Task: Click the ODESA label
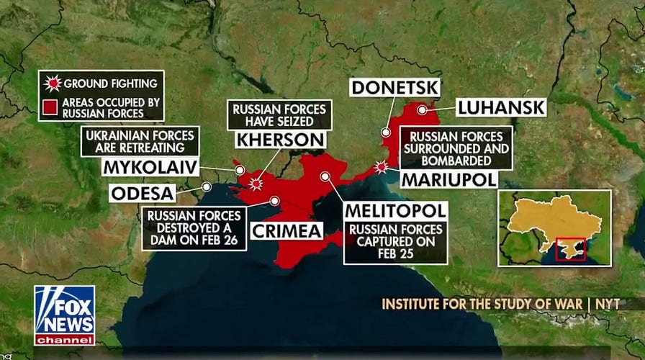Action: click(x=143, y=194)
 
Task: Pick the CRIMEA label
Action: click(x=286, y=230)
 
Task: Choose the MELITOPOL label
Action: click(x=395, y=211)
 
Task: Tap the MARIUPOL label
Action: click(x=449, y=179)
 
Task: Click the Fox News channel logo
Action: click(x=64, y=315)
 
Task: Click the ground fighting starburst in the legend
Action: click(x=52, y=84)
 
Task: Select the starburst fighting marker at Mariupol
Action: click(x=382, y=166)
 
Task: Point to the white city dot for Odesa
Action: click(x=207, y=186)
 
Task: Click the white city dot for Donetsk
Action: click(x=386, y=132)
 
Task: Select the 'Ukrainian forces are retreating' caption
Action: click(x=141, y=141)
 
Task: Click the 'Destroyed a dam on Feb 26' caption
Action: click(x=194, y=228)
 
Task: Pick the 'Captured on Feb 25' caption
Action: click(x=395, y=242)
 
